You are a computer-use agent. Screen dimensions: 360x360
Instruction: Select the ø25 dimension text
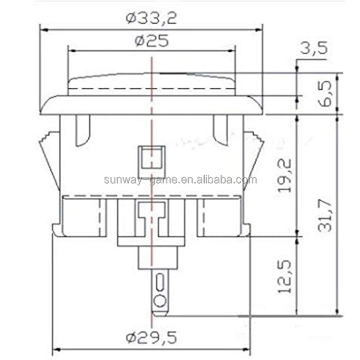tap(151, 41)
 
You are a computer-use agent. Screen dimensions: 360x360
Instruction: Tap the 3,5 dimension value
tap(314, 48)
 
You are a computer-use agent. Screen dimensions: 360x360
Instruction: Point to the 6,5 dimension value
tap(327, 93)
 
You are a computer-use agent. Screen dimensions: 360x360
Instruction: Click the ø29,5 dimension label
tap(151, 337)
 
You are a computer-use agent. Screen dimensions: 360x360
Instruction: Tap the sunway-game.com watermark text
tap(180, 180)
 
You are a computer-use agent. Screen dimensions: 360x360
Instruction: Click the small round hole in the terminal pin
tap(158, 301)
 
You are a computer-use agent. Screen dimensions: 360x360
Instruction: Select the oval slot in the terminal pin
tap(159, 283)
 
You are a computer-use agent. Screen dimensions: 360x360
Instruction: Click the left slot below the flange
tap(84, 130)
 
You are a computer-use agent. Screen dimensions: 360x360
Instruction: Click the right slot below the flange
tap(220, 130)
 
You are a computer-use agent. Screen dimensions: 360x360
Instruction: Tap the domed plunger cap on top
tap(151, 83)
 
